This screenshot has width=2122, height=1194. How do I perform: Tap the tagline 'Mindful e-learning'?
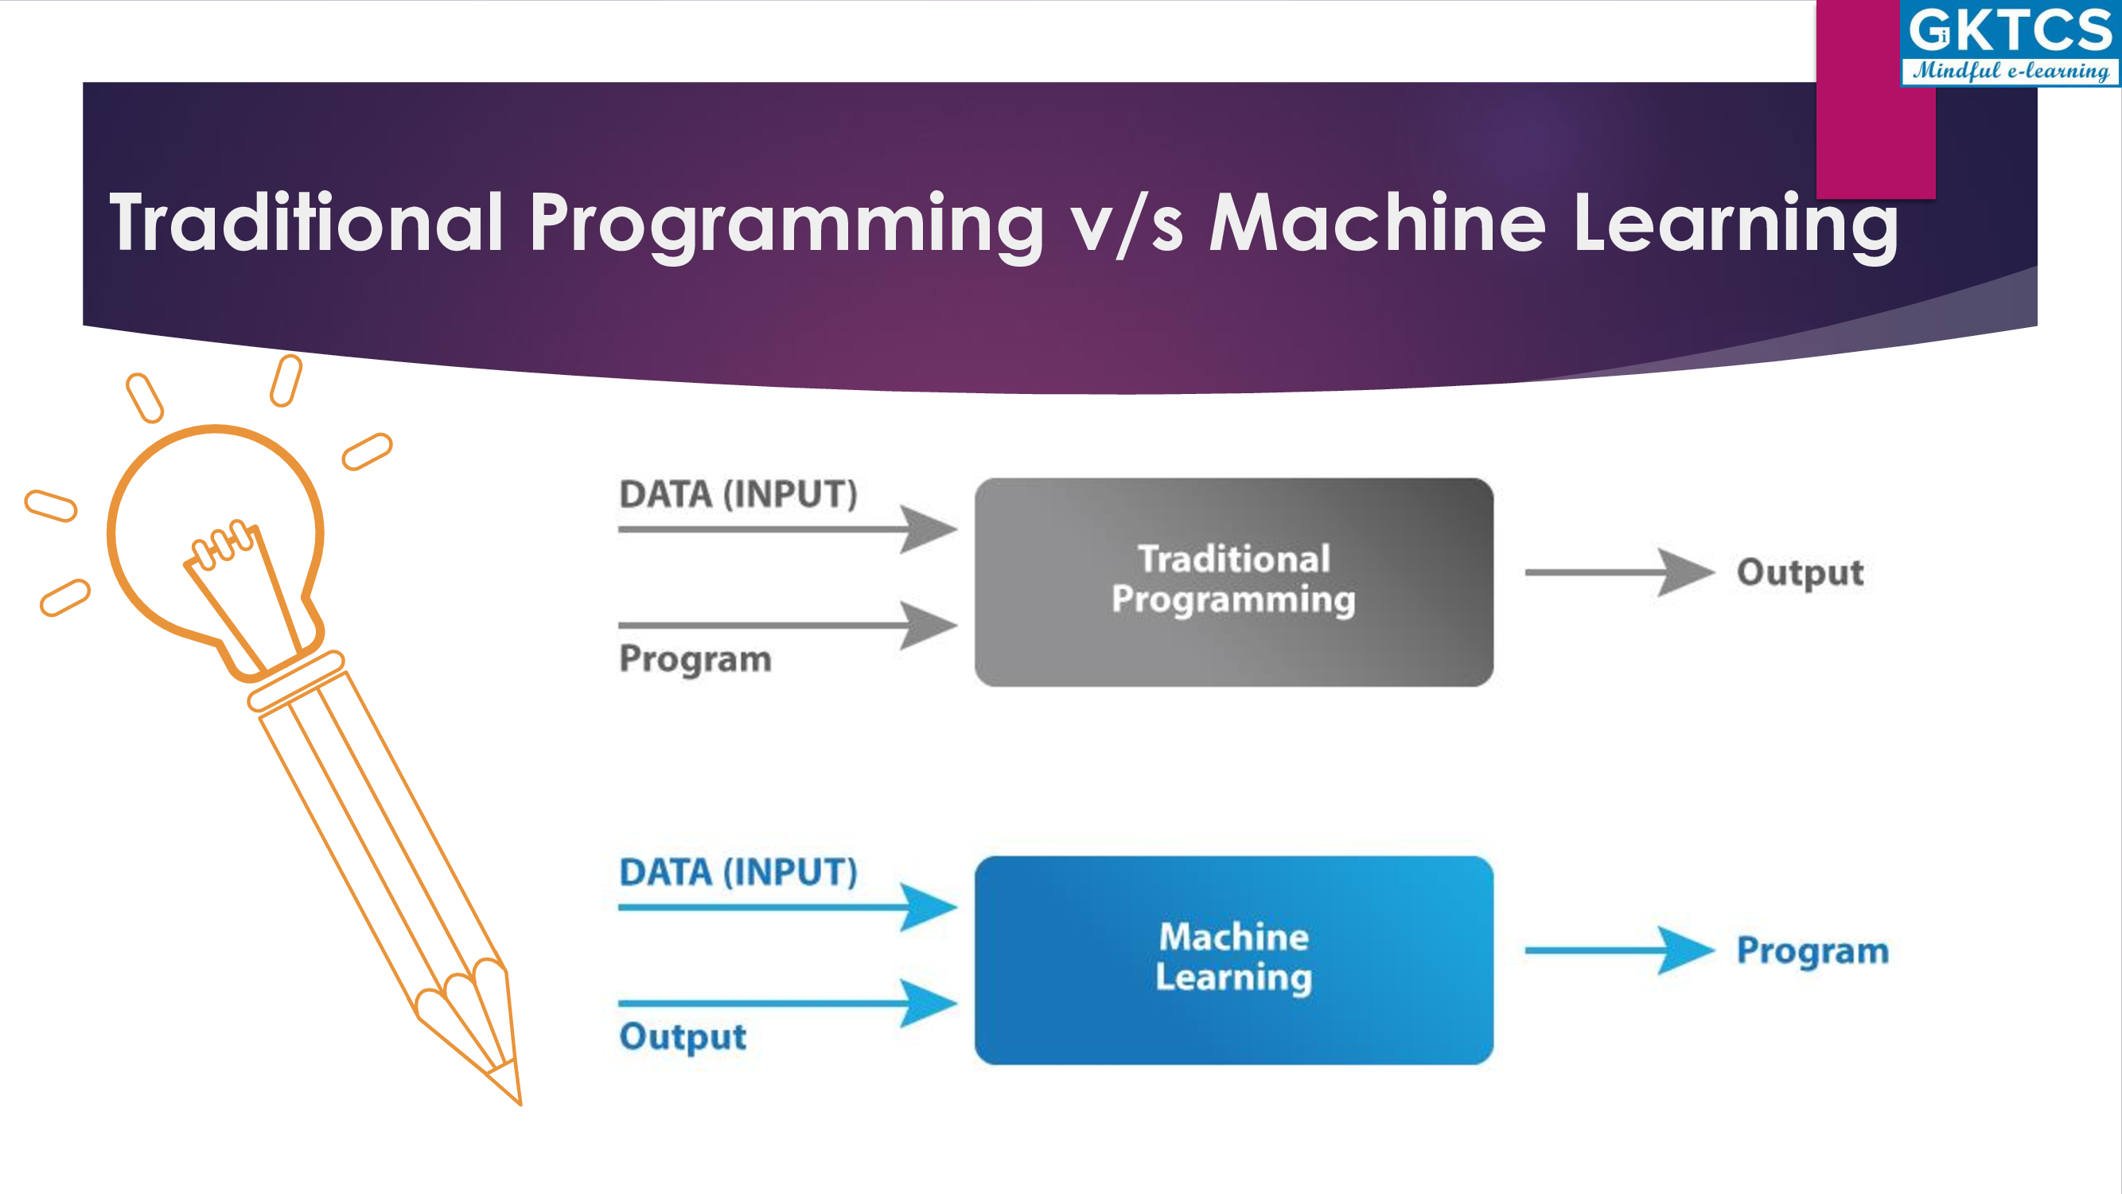[x=2011, y=71]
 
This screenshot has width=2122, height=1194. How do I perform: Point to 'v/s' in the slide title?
[x=1126, y=224]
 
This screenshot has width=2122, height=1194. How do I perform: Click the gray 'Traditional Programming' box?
[x=1233, y=582]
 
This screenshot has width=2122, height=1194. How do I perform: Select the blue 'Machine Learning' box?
[x=1233, y=960]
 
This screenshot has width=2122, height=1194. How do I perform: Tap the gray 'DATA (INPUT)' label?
[x=738, y=494]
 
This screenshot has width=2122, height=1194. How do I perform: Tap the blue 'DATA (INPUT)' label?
[x=738, y=872]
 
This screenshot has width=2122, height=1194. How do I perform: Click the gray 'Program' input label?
[x=695, y=660]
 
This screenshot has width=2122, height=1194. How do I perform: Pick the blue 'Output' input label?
[x=682, y=1036]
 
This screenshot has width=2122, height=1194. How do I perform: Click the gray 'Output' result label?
[x=1800, y=573]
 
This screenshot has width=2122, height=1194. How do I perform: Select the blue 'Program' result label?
[x=1812, y=952]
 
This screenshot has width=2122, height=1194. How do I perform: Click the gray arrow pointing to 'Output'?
[x=1619, y=572]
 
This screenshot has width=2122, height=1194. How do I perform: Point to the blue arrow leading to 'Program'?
[x=1619, y=950]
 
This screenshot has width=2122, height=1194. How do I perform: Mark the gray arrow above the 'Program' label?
[x=788, y=626]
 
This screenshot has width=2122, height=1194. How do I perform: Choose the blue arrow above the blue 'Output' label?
[x=788, y=1003]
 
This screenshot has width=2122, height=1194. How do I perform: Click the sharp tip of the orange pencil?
[x=520, y=1103]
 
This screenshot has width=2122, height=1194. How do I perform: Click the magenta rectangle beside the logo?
[x=1875, y=99]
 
